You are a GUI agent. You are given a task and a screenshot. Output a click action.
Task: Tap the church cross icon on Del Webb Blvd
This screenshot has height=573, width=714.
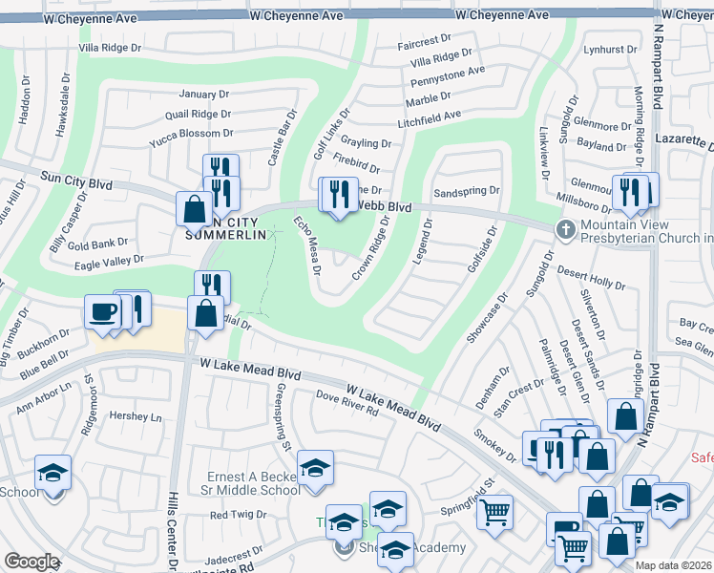[565, 228]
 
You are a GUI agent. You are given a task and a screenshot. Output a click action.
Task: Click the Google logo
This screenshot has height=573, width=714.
[31, 562]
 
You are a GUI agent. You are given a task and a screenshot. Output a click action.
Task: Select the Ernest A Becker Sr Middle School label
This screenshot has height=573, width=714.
[254, 483]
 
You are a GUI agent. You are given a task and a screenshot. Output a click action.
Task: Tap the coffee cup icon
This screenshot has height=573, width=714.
[102, 311]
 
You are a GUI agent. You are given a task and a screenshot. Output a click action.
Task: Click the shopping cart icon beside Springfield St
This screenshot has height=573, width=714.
[494, 513]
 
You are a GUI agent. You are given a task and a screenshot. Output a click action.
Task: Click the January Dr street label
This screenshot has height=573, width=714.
[204, 95]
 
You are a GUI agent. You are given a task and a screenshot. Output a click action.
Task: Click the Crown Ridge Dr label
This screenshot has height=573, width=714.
[371, 247]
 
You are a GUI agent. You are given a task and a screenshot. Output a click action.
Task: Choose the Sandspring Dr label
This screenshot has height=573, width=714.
[467, 192]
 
